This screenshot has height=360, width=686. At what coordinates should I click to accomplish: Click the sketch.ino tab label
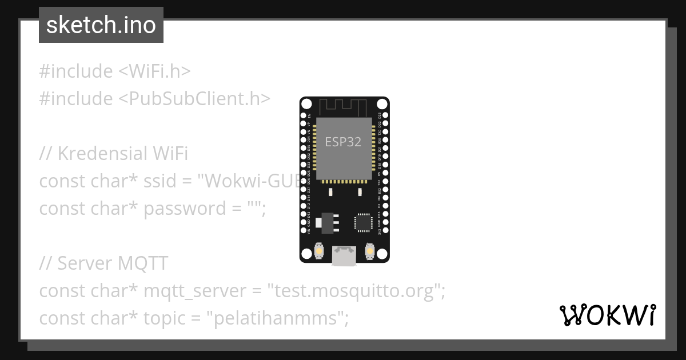[x=101, y=25]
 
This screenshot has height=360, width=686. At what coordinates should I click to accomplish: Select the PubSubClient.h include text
[x=194, y=99]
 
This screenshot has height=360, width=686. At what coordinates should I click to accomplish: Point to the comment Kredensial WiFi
[x=114, y=154]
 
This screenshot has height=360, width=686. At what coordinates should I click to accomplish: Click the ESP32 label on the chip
[x=343, y=142]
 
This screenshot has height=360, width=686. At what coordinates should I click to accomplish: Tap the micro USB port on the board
[x=344, y=256]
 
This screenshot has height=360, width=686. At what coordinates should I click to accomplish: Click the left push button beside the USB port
[x=319, y=251]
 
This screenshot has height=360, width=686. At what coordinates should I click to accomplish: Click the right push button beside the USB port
[x=369, y=251]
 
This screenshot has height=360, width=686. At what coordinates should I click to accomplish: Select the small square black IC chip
[x=362, y=222]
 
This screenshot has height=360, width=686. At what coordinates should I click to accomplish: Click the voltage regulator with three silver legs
[x=327, y=222]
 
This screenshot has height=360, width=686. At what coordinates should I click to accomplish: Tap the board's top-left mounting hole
[x=306, y=104]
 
